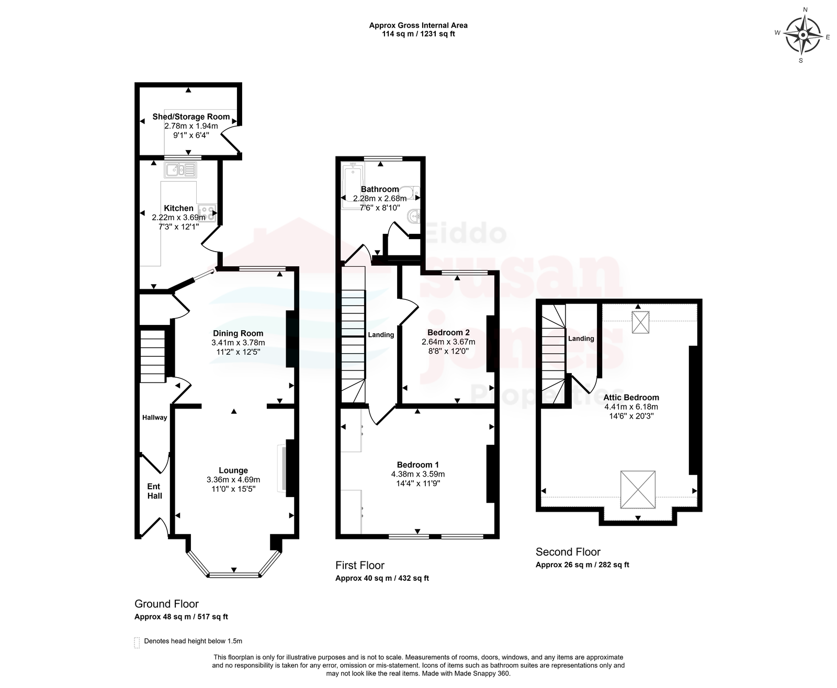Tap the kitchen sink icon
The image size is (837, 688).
(180, 171)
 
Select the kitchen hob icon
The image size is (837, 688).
(208, 213)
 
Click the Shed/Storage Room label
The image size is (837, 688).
(191, 117)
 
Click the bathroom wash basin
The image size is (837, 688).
(414, 217)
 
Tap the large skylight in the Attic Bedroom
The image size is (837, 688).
(638, 490)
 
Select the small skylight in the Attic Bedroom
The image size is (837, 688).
(640, 322)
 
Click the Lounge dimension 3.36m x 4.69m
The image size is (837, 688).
(233, 480)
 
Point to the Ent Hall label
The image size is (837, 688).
(154, 491)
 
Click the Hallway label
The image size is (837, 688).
(155, 417)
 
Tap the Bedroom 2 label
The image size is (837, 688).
(448, 332)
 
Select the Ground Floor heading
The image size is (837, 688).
(167, 604)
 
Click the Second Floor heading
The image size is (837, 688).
(568, 552)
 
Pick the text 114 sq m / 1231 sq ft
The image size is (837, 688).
(418, 34)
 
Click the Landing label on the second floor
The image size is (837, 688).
(581, 339)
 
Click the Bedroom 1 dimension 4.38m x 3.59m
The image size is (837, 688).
(418, 474)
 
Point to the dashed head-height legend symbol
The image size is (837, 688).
(137, 642)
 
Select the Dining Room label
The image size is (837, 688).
(238, 333)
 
